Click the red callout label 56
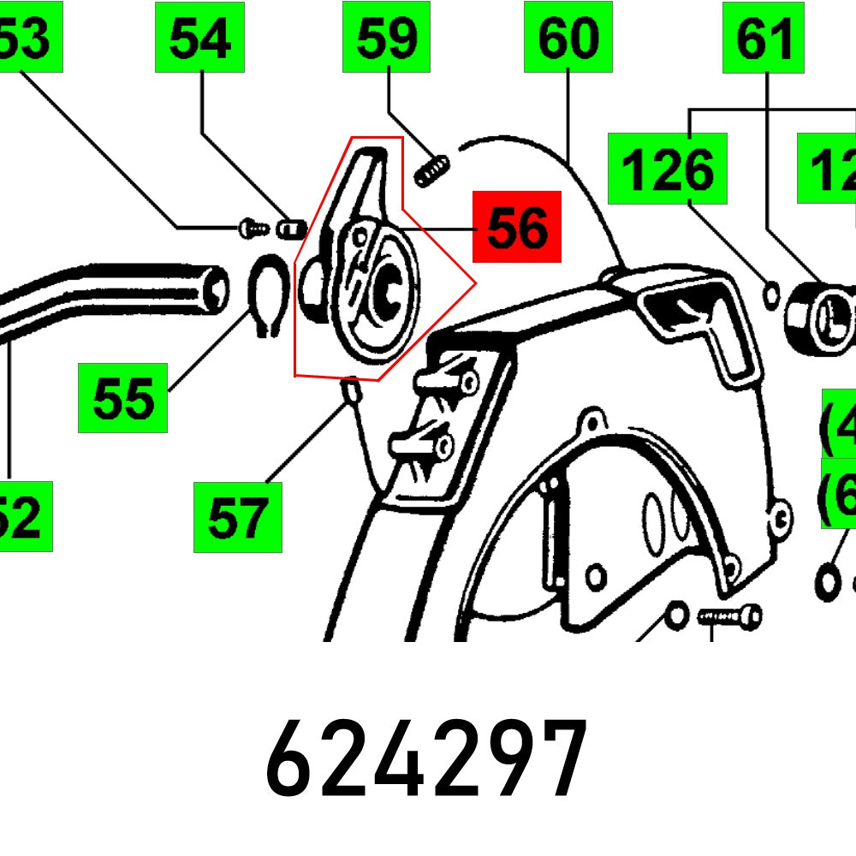point(517,227)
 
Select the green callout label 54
point(199,38)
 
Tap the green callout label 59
point(387,38)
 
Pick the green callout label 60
point(568,38)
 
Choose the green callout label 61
point(764,38)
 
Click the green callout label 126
point(668,169)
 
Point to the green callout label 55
point(122,398)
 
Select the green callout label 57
point(237,517)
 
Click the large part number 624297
point(426,758)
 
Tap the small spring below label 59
point(431,169)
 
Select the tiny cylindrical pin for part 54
point(293,228)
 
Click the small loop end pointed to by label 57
point(348,391)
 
